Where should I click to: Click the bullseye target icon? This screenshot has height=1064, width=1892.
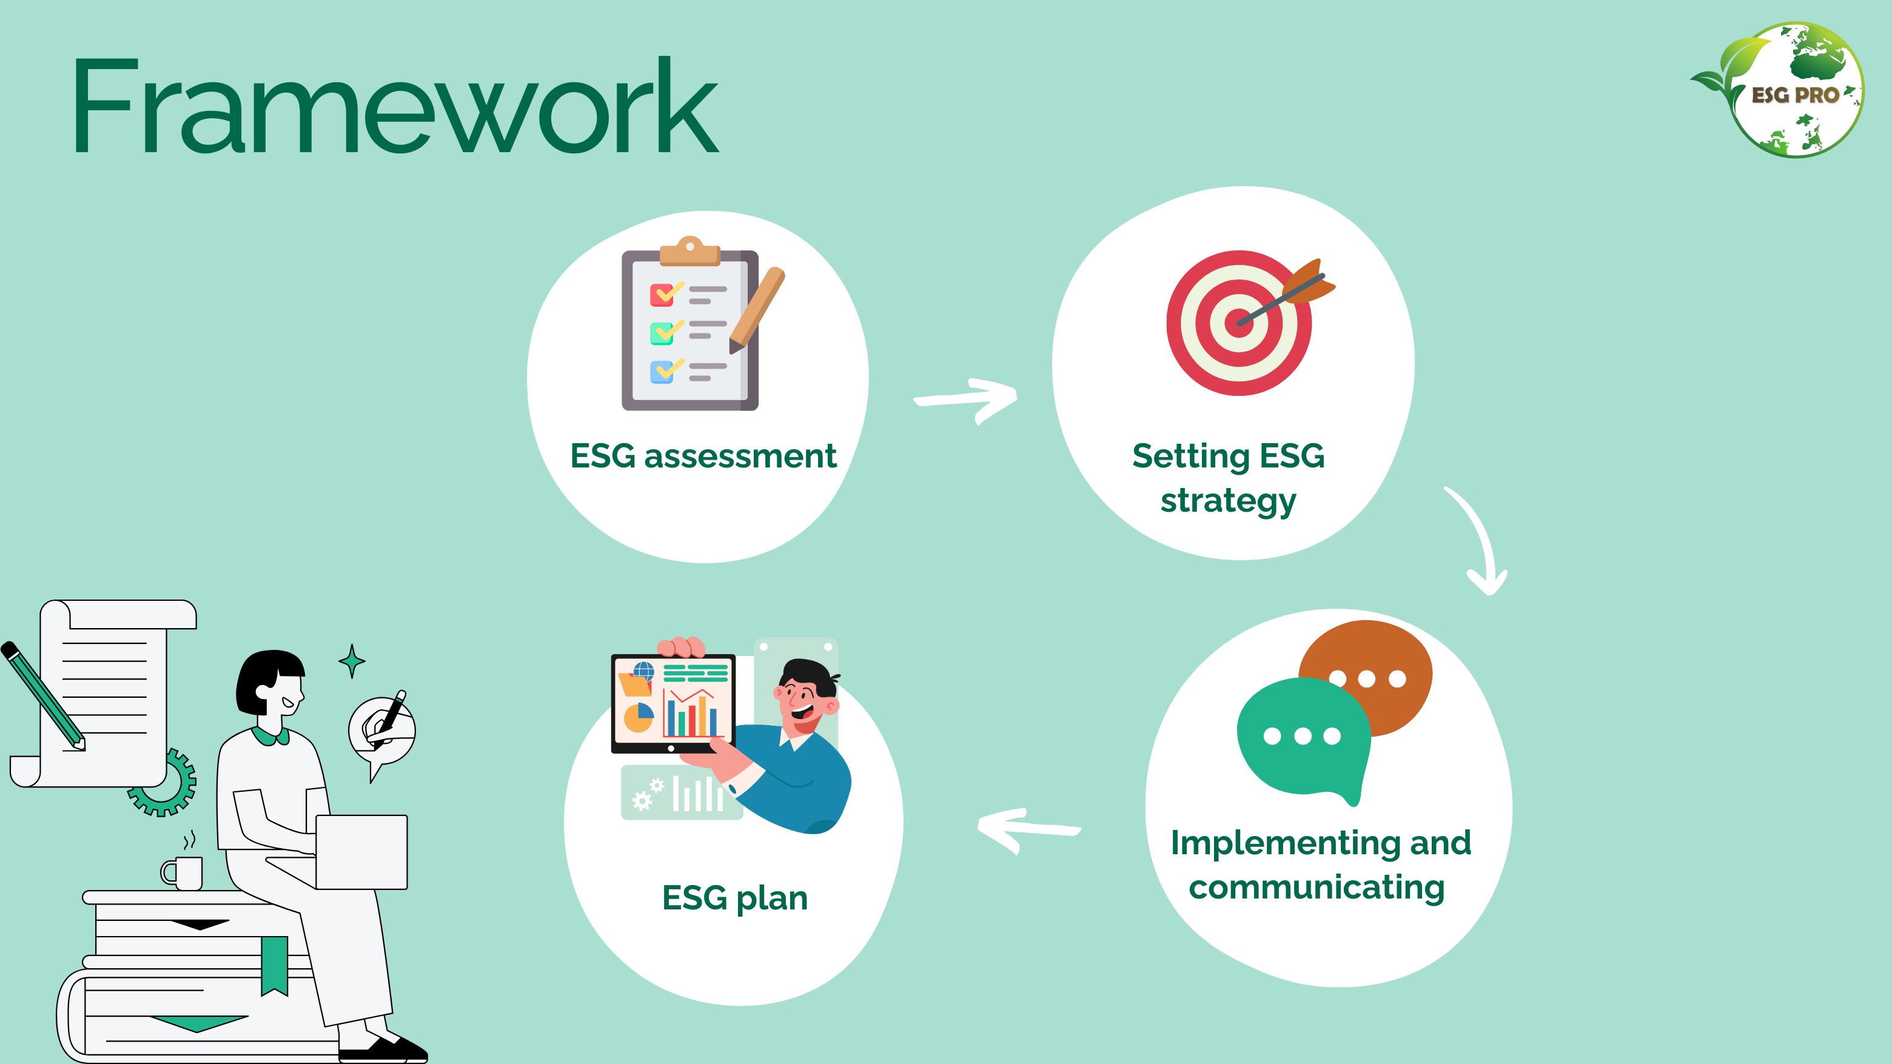(x=1240, y=323)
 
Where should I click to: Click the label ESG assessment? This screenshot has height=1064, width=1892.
(x=703, y=456)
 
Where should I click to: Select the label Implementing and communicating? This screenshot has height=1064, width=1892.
(x=1319, y=865)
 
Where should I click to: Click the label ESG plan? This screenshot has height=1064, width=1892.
(x=734, y=898)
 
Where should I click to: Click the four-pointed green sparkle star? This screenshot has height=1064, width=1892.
(x=352, y=661)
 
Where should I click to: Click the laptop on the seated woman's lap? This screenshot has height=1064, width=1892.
(x=361, y=852)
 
